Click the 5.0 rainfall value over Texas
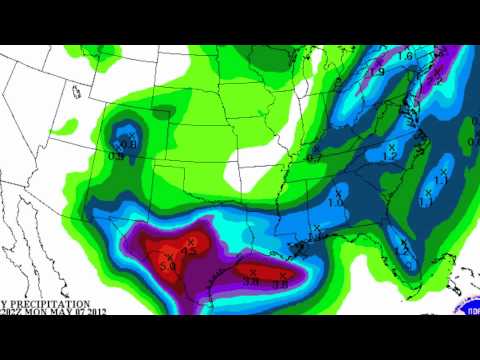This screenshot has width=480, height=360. point(167,267)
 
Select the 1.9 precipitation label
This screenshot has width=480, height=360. point(376,72)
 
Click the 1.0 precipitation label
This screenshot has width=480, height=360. point(334,203)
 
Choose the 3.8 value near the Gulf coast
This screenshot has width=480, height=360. point(252,284)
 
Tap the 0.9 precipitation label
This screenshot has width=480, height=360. point(117,155)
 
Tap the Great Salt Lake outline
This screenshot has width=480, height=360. point(77,92)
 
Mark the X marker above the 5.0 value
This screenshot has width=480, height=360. point(166,255)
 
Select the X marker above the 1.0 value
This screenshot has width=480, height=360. point(337,191)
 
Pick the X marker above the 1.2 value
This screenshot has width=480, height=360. point(392,147)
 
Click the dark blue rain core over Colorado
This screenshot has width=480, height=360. point(127,134)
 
